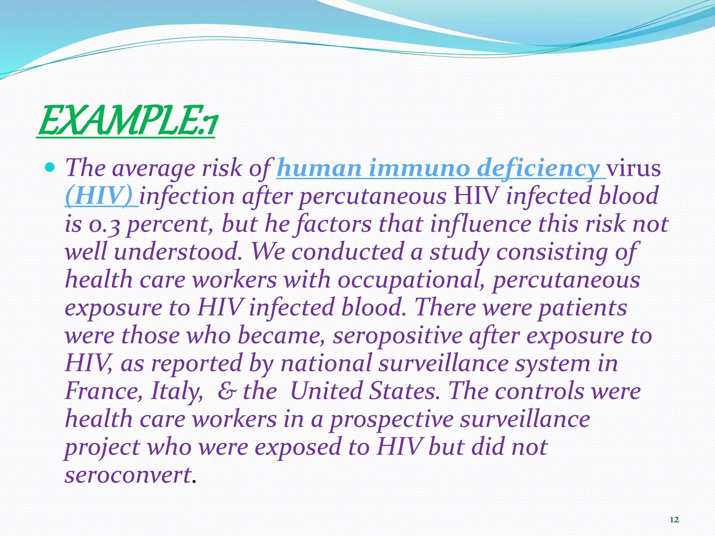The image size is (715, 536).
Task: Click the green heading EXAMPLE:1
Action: pyautogui.click(x=127, y=121)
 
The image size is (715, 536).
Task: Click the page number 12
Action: pyautogui.click(x=674, y=520)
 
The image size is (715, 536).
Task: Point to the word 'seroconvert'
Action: pyautogui.click(x=128, y=475)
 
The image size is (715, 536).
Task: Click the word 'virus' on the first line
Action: pyautogui.click(x=634, y=168)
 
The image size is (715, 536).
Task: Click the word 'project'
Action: pyautogui.click(x=102, y=448)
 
